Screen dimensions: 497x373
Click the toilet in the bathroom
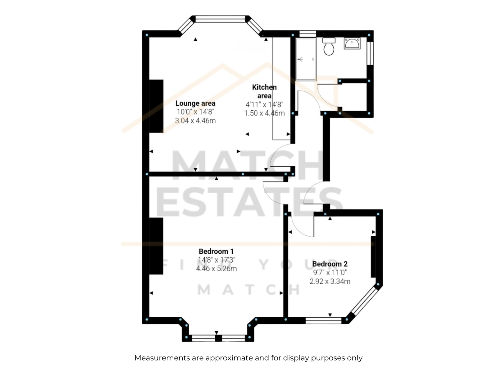329,46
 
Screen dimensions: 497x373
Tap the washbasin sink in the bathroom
352,43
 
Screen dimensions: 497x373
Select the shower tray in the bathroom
306,59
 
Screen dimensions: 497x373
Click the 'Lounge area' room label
195,103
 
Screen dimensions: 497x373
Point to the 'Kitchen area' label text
264,91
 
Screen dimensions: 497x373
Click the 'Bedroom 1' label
216,251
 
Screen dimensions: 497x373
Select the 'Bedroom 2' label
330,264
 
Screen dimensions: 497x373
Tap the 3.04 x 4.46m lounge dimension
195,121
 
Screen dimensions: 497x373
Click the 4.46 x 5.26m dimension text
216,269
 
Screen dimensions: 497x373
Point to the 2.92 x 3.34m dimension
330,281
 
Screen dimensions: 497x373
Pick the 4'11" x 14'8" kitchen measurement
264,104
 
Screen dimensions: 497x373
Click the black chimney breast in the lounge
156,106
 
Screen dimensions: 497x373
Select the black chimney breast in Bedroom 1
156,246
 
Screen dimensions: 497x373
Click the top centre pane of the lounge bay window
220,19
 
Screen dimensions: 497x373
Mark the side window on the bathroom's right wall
370,53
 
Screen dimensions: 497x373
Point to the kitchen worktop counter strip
281,89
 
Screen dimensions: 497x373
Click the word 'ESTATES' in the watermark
249,202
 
